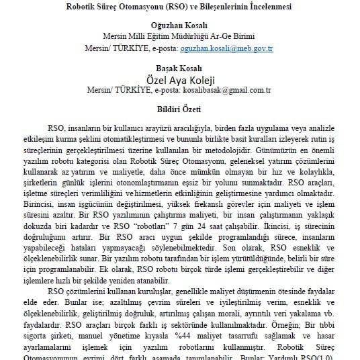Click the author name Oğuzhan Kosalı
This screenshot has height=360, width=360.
click(179, 26)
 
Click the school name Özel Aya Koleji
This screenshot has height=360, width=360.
click(179, 80)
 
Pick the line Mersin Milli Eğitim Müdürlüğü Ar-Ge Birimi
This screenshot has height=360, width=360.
click(179, 37)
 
